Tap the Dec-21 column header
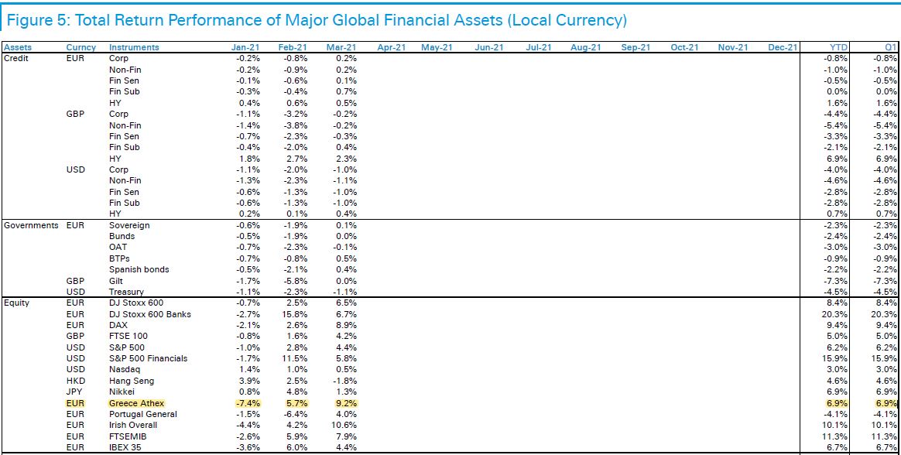tap(782, 47)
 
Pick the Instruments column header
tap(134, 47)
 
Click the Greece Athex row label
tap(137, 403)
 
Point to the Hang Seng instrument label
tap(132, 381)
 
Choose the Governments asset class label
tap(30, 225)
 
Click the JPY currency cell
tap(75, 392)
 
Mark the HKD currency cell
tap(76, 381)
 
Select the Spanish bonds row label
tap(139, 269)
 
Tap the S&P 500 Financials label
tap(148, 358)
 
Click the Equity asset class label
tap(17, 303)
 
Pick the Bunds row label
tap(122, 236)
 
